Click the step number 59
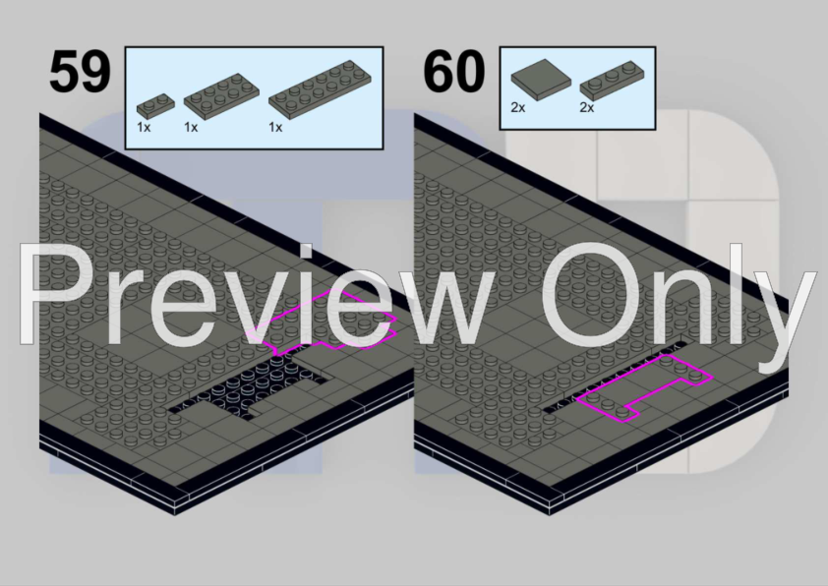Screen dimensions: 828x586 tap(81, 71)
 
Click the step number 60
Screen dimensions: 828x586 tap(453, 71)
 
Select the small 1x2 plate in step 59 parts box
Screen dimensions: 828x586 tap(155, 105)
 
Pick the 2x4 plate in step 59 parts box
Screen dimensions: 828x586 tap(221, 93)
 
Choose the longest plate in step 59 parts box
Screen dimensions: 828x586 tap(320, 87)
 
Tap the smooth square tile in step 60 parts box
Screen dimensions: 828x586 tap(541, 80)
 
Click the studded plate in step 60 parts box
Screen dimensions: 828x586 tap(612, 81)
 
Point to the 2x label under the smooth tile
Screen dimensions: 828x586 tap(518, 107)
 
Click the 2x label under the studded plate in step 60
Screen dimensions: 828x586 tap(587, 107)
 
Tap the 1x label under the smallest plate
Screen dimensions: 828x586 tap(144, 127)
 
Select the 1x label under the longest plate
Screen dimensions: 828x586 tap(275, 127)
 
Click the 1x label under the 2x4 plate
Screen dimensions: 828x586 tap(191, 127)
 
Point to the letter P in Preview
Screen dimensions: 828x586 tap(52, 294)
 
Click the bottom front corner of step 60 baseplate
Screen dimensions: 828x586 tap(549, 515)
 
